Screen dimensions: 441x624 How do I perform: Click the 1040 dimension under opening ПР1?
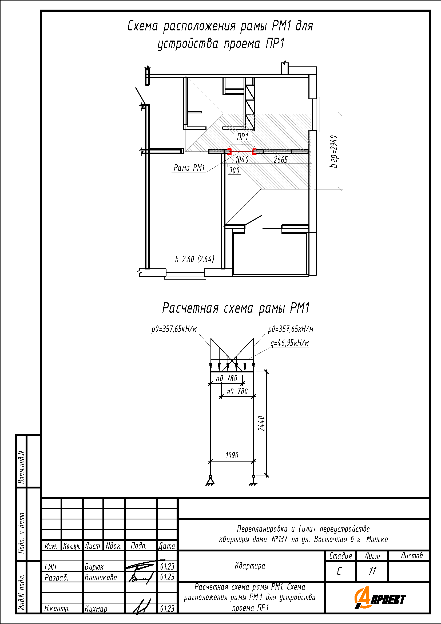pyautogui.click(x=242, y=160)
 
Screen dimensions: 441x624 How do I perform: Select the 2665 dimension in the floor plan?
pyautogui.click(x=280, y=160)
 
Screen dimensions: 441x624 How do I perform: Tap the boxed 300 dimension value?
pyautogui.click(x=234, y=170)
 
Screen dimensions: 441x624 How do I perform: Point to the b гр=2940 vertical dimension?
pyautogui.click(x=334, y=151)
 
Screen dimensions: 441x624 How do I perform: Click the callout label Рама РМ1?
pyautogui.click(x=189, y=168)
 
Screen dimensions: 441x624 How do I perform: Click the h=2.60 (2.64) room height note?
pyautogui.click(x=194, y=259)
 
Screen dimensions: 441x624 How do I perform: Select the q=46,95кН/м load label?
pyautogui.click(x=290, y=343)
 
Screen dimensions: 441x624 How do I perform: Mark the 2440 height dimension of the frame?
pyautogui.click(x=261, y=423)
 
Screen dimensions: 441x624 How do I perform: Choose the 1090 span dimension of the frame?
pyautogui.click(x=232, y=455)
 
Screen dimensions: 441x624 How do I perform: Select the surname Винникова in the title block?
pyautogui.click(x=101, y=577)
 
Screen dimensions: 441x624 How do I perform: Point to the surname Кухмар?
pyautogui.click(x=96, y=609)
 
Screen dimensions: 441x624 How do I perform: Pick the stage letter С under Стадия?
pyautogui.click(x=339, y=571)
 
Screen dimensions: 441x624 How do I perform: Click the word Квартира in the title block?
pyautogui.click(x=250, y=566)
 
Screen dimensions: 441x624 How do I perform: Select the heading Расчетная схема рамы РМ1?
pyautogui.click(x=236, y=308)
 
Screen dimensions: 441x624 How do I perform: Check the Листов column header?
pyautogui.click(x=412, y=555)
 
